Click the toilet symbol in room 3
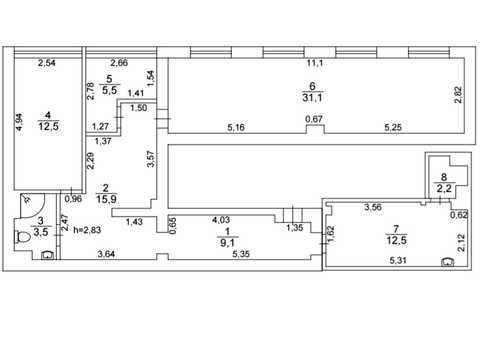23,237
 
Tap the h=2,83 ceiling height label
87,230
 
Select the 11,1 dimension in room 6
315,63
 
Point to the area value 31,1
312,98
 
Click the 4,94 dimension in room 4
20,122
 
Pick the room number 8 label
444,177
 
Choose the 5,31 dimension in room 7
398,260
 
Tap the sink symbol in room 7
447,262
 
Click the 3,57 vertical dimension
151,159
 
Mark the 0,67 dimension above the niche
314,119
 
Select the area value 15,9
106,199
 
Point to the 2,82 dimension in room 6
458,95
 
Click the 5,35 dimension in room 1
241,254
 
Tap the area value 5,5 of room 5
109,90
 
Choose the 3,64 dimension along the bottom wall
106,254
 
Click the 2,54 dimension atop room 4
47,63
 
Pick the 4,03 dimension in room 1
221,220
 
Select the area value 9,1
227,243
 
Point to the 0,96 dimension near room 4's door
73,199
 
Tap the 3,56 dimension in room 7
373,207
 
